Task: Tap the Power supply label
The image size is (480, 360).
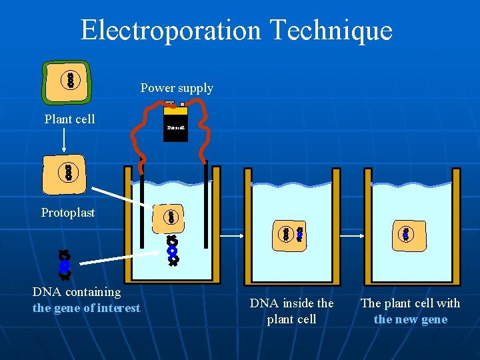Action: [x=177, y=88]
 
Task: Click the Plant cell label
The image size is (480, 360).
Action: [x=69, y=119]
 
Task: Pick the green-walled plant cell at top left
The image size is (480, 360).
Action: [x=67, y=80]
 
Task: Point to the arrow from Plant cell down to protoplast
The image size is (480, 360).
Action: [x=64, y=141]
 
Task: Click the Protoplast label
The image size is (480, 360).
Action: [x=68, y=213]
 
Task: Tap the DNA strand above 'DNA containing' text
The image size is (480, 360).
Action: [x=64, y=264]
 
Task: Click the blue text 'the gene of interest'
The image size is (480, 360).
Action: [x=87, y=308]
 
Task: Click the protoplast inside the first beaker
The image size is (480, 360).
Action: [x=171, y=217]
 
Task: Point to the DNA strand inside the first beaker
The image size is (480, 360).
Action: [x=173, y=251]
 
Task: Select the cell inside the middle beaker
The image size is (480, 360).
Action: [x=291, y=233]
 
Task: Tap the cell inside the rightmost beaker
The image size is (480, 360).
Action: [x=405, y=234]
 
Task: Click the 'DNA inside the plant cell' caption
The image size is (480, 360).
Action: [x=291, y=311]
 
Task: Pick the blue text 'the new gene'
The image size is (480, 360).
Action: [x=411, y=319]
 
